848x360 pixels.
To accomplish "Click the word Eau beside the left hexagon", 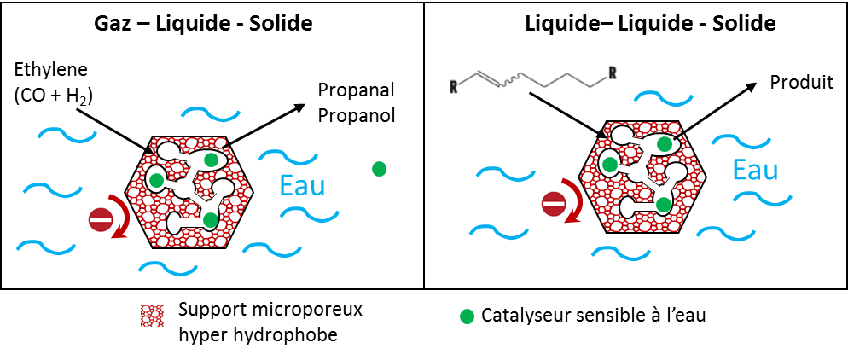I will pyautogui.click(x=303, y=185).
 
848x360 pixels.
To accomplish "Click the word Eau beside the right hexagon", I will pyautogui.click(x=755, y=170).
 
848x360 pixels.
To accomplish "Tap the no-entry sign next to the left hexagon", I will pyautogui.click(x=101, y=219).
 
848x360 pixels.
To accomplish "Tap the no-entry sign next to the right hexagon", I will pyautogui.click(x=554, y=204).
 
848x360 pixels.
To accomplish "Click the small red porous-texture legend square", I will pyautogui.click(x=152, y=316).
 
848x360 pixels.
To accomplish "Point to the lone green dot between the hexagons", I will pyautogui.click(x=379, y=169).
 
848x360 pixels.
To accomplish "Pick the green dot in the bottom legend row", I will pyautogui.click(x=467, y=316).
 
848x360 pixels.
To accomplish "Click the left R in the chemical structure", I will pyautogui.click(x=454, y=85).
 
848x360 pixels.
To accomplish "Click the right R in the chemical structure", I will pyautogui.click(x=611, y=73).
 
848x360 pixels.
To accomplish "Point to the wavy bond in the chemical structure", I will pyautogui.click(x=510, y=82).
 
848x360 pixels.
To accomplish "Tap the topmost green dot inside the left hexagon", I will pyautogui.click(x=211, y=160).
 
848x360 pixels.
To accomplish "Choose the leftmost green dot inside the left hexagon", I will pyautogui.click(x=156, y=180).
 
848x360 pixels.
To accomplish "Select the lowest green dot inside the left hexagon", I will pyautogui.click(x=210, y=220).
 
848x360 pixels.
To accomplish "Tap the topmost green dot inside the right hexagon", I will pyautogui.click(x=664, y=144).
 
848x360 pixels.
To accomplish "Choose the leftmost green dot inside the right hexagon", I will pyautogui.click(x=609, y=164).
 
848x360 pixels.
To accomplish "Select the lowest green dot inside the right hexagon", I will pyautogui.click(x=663, y=205).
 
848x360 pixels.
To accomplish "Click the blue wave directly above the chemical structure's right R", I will pyautogui.click(x=662, y=97).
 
